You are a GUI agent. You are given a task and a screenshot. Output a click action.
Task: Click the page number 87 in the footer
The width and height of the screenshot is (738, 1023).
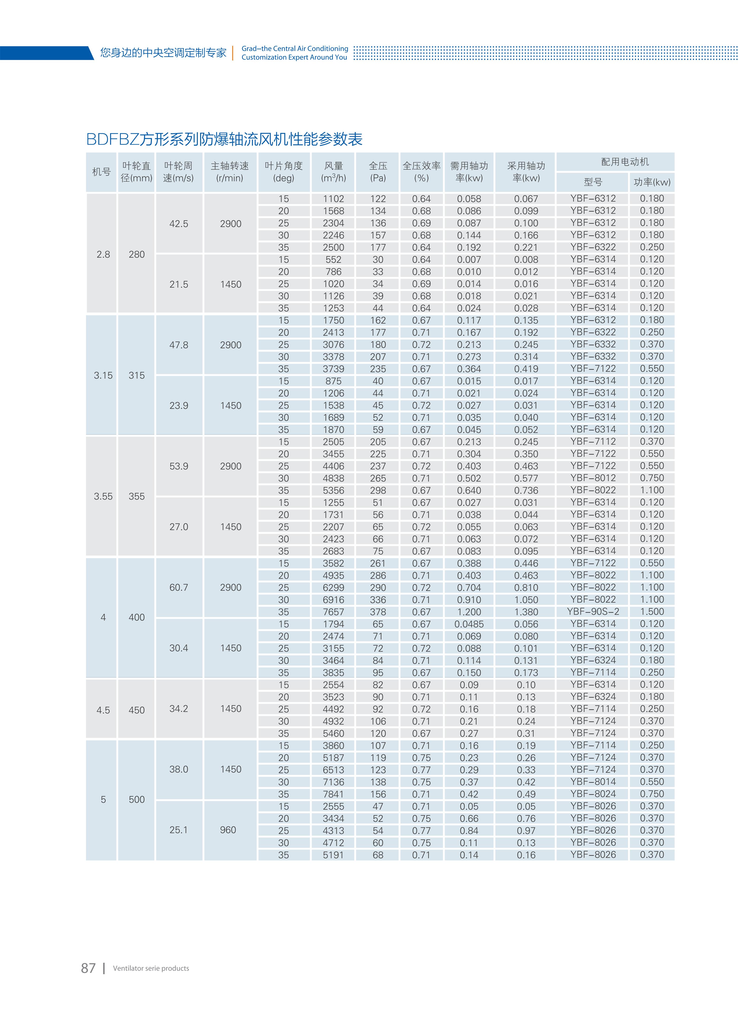pos(88,968)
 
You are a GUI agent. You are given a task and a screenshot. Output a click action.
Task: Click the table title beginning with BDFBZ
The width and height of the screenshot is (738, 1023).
pos(224,139)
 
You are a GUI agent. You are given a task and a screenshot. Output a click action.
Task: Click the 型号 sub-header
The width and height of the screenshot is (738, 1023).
pos(592,182)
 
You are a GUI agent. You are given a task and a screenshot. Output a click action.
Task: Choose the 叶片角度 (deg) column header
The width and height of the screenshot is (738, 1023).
pos(284,172)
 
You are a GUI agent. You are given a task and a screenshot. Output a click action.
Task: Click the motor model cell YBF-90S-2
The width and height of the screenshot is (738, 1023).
pos(593,612)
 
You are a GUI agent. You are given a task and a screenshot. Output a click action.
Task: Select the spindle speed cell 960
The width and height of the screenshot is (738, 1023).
pos(228,830)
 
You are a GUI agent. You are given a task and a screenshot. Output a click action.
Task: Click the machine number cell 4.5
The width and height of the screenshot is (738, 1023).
pos(103,710)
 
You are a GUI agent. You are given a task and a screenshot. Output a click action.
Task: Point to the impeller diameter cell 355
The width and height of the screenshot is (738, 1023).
pos(137,496)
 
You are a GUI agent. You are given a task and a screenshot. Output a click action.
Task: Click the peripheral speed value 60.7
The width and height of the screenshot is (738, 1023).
pos(179,587)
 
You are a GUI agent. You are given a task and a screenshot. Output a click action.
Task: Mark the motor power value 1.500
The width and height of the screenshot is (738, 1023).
pos(652,612)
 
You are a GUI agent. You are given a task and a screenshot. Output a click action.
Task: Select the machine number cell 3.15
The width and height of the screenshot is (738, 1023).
pos(103,375)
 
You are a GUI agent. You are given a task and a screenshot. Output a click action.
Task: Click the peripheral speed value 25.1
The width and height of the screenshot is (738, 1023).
pos(179,830)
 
